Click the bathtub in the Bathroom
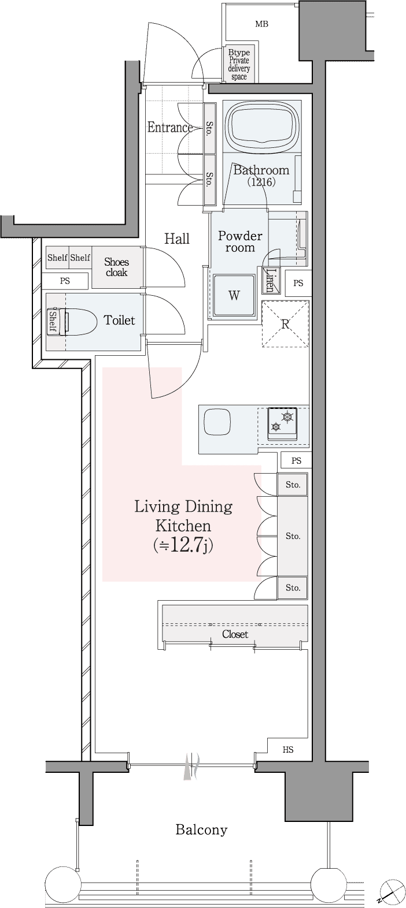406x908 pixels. pyautogui.click(x=262, y=126)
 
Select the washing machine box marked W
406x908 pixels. pyautogui.click(x=234, y=296)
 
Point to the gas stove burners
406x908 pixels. pyautogui.click(x=282, y=422)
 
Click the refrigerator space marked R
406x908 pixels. pyautogui.click(x=286, y=324)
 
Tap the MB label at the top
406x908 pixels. pyautogui.click(x=261, y=24)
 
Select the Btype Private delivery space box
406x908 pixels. pyautogui.click(x=239, y=65)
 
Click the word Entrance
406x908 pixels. pyautogui.click(x=169, y=128)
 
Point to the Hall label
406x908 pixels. pyautogui.click(x=177, y=239)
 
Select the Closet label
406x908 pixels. pyautogui.click(x=235, y=634)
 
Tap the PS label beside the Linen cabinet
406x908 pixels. pyautogui.click(x=298, y=284)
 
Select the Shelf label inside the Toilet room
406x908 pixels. pyautogui.click(x=53, y=322)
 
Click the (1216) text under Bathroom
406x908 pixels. pyautogui.click(x=261, y=183)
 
